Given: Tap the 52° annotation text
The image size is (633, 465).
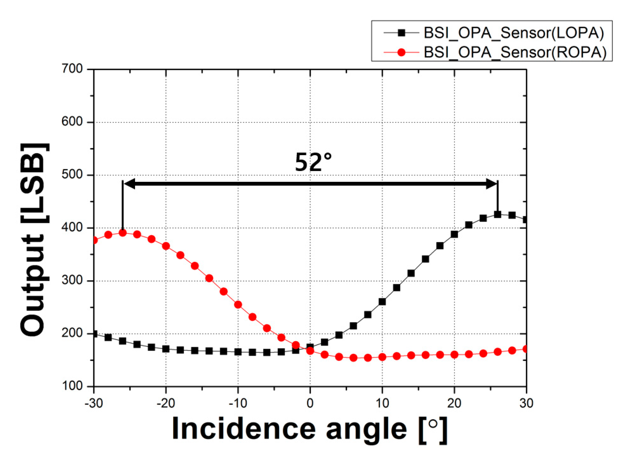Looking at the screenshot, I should click(313, 163).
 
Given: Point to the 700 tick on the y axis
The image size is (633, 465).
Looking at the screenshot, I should click(72, 69).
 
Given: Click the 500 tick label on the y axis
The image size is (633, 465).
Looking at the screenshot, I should click(72, 175).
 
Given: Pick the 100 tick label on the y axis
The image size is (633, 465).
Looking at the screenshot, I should click(72, 386).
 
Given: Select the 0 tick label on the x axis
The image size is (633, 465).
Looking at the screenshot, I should click(310, 404).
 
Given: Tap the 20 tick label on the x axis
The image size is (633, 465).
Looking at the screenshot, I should click(454, 404).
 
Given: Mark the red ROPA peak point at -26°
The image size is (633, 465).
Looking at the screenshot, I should click(123, 233).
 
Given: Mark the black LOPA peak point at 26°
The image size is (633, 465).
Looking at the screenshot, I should click(497, 215).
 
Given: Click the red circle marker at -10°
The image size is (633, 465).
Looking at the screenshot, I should click(238, 305).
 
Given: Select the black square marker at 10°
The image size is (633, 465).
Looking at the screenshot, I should click(382, 302).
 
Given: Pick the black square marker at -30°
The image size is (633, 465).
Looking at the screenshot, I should click(94, 334).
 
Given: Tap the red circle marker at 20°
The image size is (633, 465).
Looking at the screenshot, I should click(454, 355).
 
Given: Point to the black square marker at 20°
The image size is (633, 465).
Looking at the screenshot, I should click(454, 235).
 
